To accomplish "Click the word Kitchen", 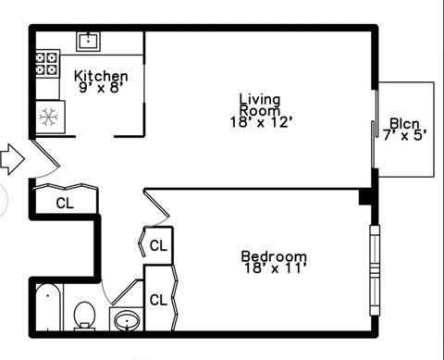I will [101, 76].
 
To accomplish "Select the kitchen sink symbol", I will [90, 40].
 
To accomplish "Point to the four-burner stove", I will [47, 63].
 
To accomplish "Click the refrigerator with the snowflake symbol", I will [49, 118].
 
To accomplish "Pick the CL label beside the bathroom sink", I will [158, 300].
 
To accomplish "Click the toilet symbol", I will [84, 315].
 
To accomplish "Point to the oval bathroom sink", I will [126, 321].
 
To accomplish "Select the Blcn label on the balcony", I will [404, 122].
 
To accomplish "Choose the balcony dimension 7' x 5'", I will [404, 135].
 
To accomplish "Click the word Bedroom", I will [273, 256].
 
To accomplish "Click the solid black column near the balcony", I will [366, 197].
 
